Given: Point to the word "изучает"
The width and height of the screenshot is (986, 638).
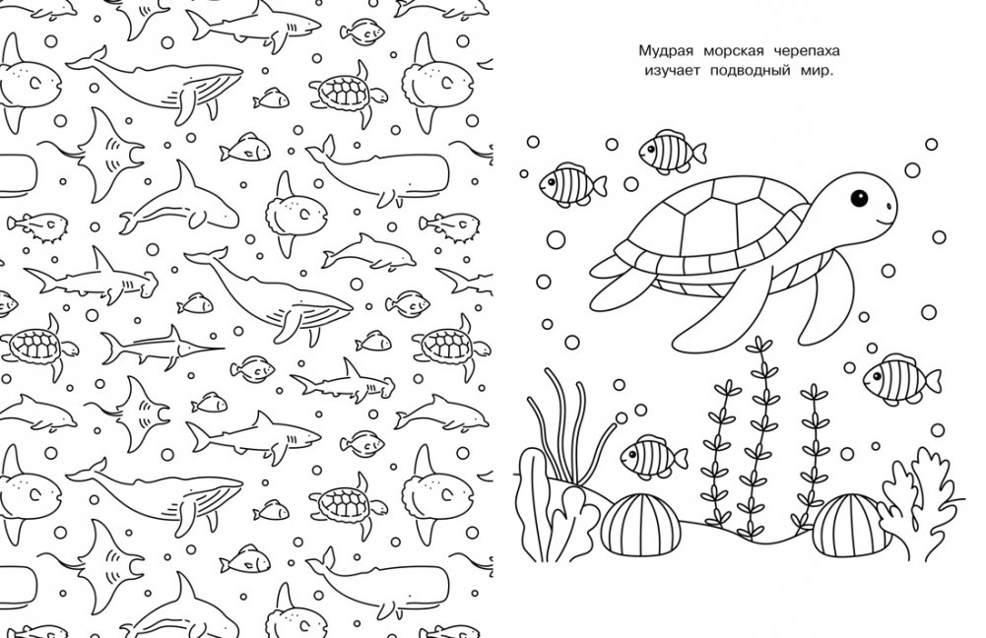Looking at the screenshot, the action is click(672, 71).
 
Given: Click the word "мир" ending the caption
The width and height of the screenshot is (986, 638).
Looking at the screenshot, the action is click(817, 71).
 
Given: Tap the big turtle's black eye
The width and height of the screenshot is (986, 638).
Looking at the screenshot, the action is click(859, 197).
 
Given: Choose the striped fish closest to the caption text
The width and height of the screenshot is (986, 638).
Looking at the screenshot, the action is click(672, 152).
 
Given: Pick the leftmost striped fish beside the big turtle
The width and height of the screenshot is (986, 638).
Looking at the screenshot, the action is click(572, 184).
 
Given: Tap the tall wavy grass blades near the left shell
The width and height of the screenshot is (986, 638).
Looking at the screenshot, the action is click(569, 427).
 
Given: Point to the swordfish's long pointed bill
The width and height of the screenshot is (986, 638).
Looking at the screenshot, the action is click(203, 348).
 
